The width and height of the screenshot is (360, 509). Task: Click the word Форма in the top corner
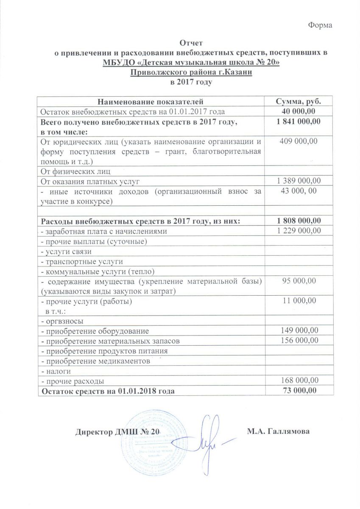[x=320, y=25]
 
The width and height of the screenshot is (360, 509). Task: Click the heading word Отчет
[x=192, y=43]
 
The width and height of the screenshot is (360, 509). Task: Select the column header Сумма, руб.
[x=298, y=102]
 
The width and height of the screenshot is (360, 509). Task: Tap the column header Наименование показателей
[x=151, y=102]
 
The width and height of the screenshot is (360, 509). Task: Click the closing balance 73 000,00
[x=299, y=391]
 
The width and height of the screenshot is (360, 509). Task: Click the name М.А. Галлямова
[x=278, y=431]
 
